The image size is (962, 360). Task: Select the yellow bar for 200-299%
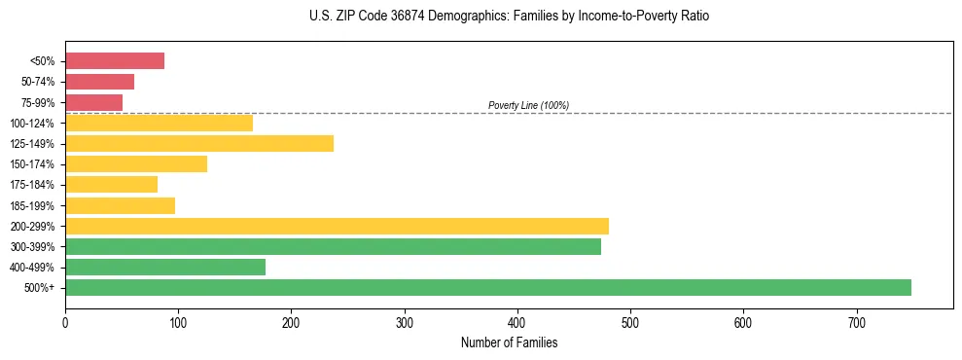tap(337, 226)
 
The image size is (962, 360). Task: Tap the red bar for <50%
tap(115, 61)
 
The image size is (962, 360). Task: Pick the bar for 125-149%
tap(199, 143)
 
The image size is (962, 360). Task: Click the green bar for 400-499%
tap(165, 267)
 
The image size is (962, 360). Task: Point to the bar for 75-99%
tap(93, 102)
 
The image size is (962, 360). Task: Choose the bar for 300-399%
tap(333, 246)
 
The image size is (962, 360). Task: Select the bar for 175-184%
tap(111, 184)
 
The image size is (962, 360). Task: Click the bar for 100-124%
tap(159, 123)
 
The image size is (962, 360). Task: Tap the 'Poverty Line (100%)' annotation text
tap(528, 105)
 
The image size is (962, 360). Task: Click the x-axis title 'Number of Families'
tap(509, 342)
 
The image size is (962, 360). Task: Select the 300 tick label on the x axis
tap(404, 322)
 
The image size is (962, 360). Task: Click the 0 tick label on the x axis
tap(65, 322)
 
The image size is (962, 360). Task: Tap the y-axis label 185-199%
tap(32, 205)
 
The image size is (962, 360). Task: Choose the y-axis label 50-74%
tap(37, 82)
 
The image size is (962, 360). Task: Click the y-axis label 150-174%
tap(32, 164)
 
